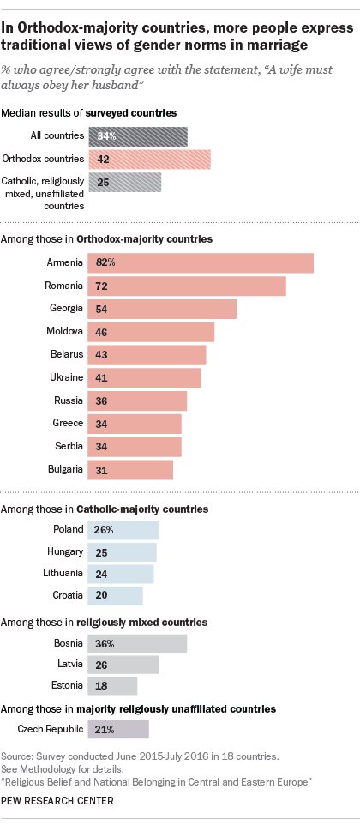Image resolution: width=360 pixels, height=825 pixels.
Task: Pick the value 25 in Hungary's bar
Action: click(x=102, y=551)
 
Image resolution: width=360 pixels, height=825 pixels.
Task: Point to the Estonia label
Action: click(x=65, y=685)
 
